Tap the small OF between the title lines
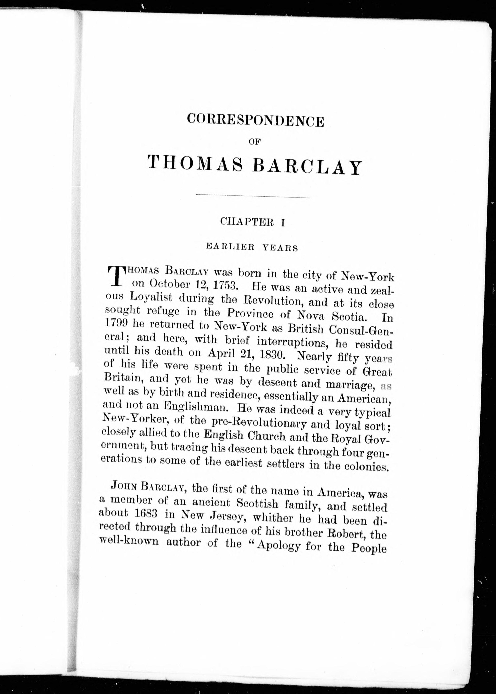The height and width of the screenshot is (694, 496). click(x=254, y=141)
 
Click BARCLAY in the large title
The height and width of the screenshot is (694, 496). click(x=307, y=166)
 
